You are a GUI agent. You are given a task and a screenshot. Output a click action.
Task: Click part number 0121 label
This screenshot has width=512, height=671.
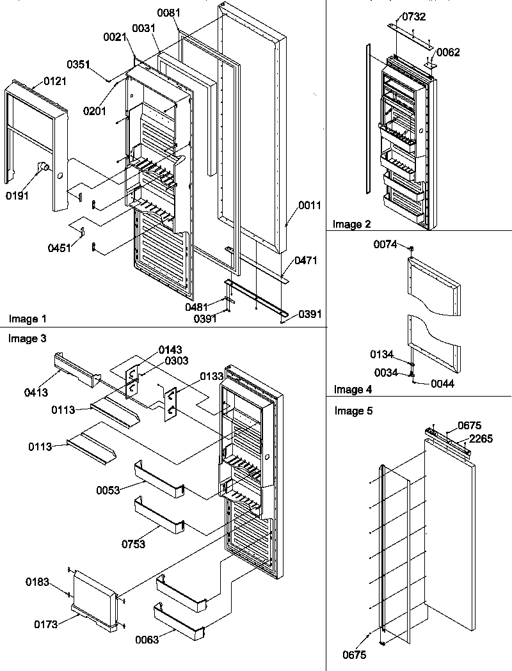[x=54, y=81]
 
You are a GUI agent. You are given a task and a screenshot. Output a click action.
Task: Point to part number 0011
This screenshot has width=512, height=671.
[x=310, y=205]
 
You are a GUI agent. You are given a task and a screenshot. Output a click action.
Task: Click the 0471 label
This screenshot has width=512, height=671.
[x=305, y=261]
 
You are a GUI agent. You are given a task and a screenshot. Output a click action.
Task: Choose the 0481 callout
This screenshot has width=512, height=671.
[x=196, y=307]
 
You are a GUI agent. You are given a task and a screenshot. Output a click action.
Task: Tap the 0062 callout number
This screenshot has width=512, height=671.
[x=449, y=53]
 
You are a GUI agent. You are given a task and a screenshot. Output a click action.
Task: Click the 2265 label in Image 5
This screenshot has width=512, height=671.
[x=481, y=438]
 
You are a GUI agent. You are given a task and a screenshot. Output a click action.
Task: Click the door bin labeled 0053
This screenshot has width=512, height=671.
[x=159, y=479]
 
